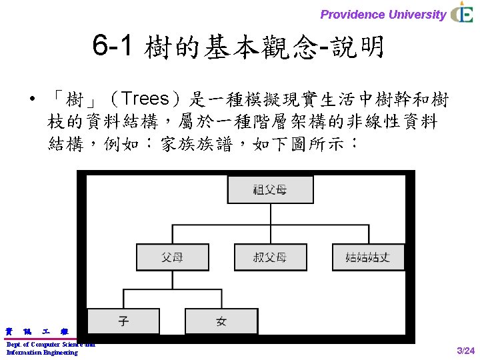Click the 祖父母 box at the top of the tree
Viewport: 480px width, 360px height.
270,190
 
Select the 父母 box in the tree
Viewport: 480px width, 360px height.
172,257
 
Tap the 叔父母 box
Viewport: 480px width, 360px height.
270,257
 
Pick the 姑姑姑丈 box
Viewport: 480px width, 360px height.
368,257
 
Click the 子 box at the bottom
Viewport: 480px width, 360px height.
123,321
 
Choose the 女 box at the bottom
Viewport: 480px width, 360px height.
221,321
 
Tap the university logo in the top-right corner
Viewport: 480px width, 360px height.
461,13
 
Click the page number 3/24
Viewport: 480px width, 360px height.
465,351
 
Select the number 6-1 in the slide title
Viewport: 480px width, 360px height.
114,47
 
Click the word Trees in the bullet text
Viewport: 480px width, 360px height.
146,100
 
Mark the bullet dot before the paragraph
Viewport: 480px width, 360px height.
31,101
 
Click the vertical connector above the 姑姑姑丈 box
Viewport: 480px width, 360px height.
368,234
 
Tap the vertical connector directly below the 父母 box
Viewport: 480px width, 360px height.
172,280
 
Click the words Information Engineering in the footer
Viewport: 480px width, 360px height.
42,353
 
